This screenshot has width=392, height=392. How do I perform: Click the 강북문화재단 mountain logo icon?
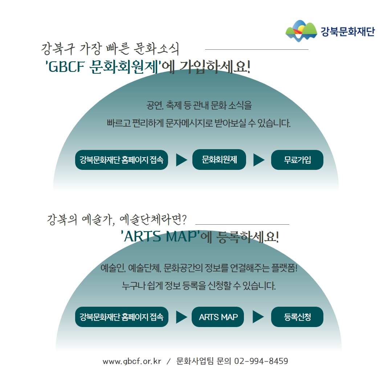[301, 31]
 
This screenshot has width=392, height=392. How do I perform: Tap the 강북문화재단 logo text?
[348, 32]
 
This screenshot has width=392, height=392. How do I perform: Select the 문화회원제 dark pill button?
[219, 159]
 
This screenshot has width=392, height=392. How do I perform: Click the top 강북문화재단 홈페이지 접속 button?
[122, 160]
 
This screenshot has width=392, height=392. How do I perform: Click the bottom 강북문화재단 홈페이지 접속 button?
[122, 317]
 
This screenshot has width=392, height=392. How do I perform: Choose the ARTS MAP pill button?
[218, 317]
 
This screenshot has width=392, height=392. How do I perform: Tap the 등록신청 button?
[297, 317]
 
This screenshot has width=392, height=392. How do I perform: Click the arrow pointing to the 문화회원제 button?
[181, 160]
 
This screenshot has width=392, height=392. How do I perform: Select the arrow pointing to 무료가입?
[259, 160]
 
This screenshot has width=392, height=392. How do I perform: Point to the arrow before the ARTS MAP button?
[181, 317]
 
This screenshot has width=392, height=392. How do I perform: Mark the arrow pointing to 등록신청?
[258, 317]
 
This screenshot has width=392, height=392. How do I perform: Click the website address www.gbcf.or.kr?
[132, 361]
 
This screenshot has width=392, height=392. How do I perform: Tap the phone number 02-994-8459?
[261, 361]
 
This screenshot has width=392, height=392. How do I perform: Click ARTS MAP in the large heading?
[160, 236]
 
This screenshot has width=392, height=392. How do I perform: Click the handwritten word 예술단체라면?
[153, 220]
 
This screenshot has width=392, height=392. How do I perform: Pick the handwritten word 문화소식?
[156, 49]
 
